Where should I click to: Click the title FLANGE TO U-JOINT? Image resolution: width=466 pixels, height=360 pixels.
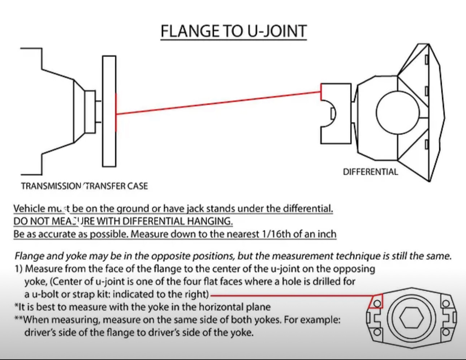coord(233,31)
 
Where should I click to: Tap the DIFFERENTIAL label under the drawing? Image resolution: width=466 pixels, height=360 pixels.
coord(370,172)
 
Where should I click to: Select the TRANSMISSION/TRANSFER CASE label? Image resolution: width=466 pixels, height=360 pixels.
coord(84,186)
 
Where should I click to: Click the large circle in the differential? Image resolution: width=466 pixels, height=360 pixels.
coord(397,112)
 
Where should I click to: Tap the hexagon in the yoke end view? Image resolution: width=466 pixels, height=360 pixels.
coord(411,318)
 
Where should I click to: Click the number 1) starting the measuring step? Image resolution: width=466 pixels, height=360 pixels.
coord(18,269)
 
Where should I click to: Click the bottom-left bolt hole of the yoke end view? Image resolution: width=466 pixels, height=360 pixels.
coord(377,331)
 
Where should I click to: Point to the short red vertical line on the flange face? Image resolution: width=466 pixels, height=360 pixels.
coord(116,112)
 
